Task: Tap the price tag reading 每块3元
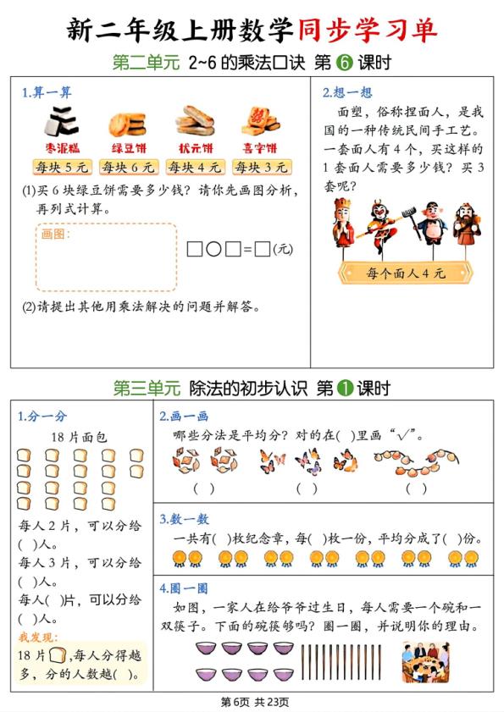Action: point(257,167)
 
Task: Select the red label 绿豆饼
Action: point(125,146)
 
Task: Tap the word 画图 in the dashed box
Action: point(56,234)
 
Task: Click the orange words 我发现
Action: point(35,636)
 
